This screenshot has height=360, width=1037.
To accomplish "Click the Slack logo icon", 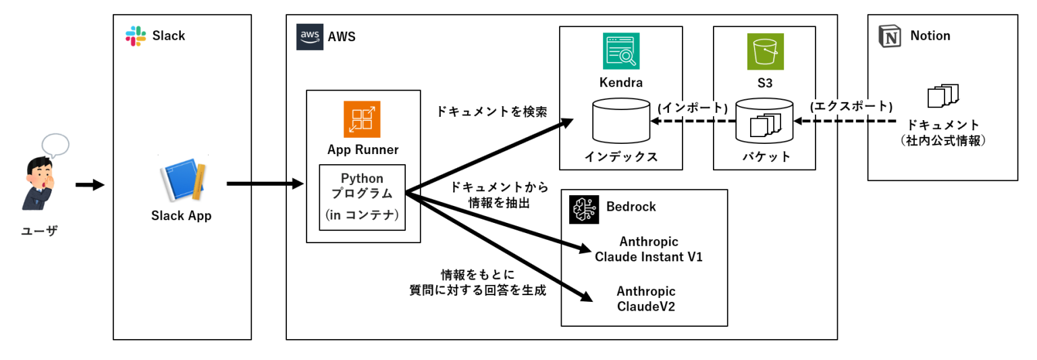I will pyautogui.click(x=136, y=36).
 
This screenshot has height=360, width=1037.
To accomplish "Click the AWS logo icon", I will pyautogui.click(x=309, y=36).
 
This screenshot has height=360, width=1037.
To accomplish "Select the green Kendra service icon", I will pyautogui.click(x=620, y=51).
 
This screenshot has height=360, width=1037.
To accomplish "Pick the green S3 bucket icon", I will pyautogui.click(x=765, y=52).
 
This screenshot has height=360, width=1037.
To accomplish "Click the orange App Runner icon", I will pyautogui.click(x=362, y=119).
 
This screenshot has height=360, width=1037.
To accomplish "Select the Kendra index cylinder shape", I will pyautogui.click(x=620, y=122).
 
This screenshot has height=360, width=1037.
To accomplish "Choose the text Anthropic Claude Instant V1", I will pyautogui.click(x=648, y=249).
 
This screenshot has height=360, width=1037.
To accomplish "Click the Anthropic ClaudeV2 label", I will pyautogui.click(x=645, y=299).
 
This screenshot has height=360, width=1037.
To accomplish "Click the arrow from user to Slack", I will pyautogui.click(x=90, y=184).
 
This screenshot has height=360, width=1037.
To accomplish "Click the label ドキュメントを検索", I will pyautogui.click(x=491, y=111).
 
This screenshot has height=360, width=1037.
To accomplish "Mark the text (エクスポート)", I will pyautogui.click(x=851, y=107).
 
